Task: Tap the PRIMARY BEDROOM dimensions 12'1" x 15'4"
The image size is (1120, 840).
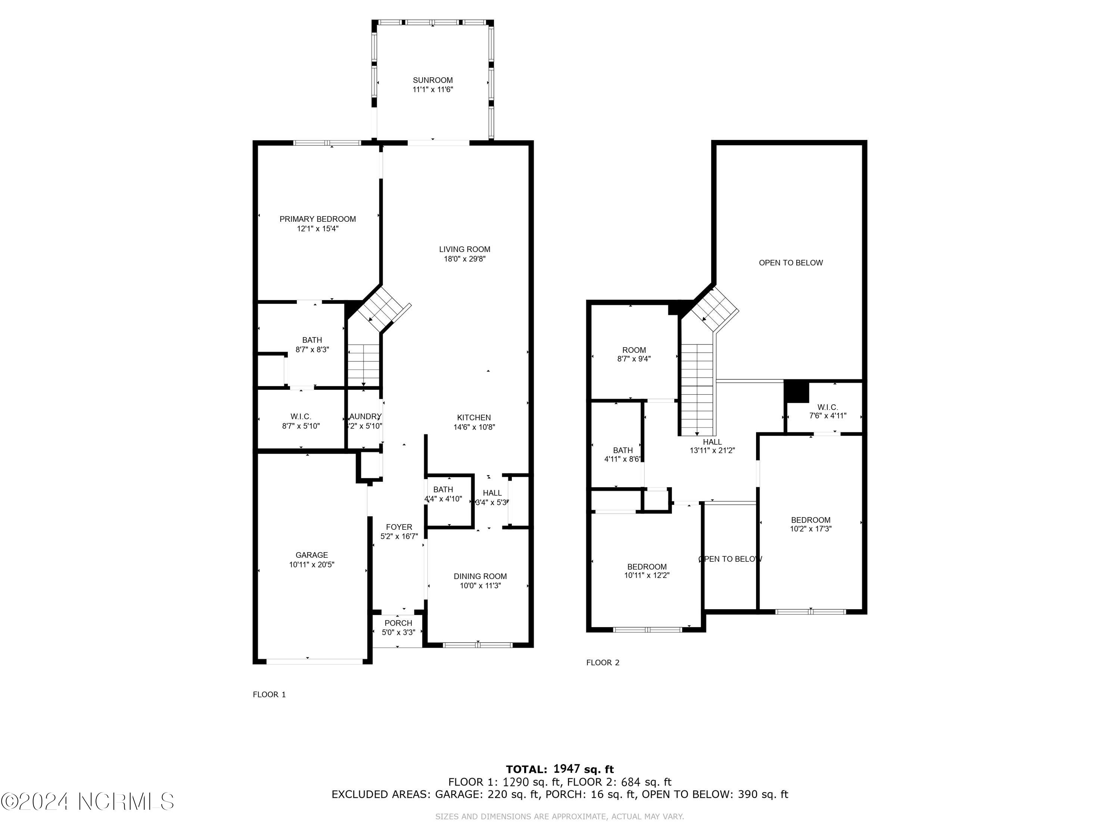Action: (x=317, y=229)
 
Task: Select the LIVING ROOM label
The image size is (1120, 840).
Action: (x=464, y=249)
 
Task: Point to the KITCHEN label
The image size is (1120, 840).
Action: (x=473, y=418)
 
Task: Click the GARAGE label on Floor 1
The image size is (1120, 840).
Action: (x=311, y=555)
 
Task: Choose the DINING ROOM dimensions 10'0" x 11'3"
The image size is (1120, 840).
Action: (x=480, y=586)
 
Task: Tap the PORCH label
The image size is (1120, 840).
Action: (x=398, y=623)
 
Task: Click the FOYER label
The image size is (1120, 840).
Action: (x=399, y=527)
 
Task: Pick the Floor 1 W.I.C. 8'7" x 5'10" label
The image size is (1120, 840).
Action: (x=301, y=421)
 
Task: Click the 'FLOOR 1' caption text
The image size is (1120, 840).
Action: (x=269, y=695)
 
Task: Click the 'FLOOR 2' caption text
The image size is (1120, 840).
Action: (x=603, y=662)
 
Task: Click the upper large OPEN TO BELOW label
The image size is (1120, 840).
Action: (x=790, y=263)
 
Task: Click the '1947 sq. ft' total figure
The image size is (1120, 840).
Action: (x=583, y=769)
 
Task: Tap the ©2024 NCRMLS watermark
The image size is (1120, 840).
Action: (x=87, y=802)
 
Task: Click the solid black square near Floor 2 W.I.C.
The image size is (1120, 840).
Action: (x=796, y=391)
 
